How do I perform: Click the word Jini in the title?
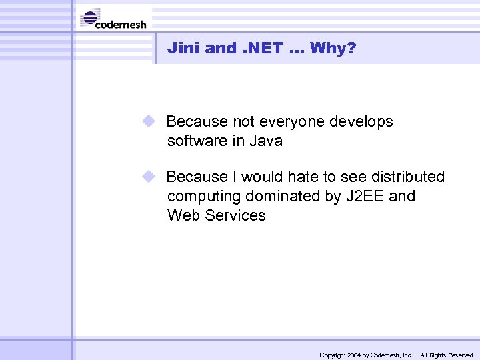183,48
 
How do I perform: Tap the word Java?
266,141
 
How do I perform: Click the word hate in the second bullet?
304,177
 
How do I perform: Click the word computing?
204,196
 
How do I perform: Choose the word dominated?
282,196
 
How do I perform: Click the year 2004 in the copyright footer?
353,355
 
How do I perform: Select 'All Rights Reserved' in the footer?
446,355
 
